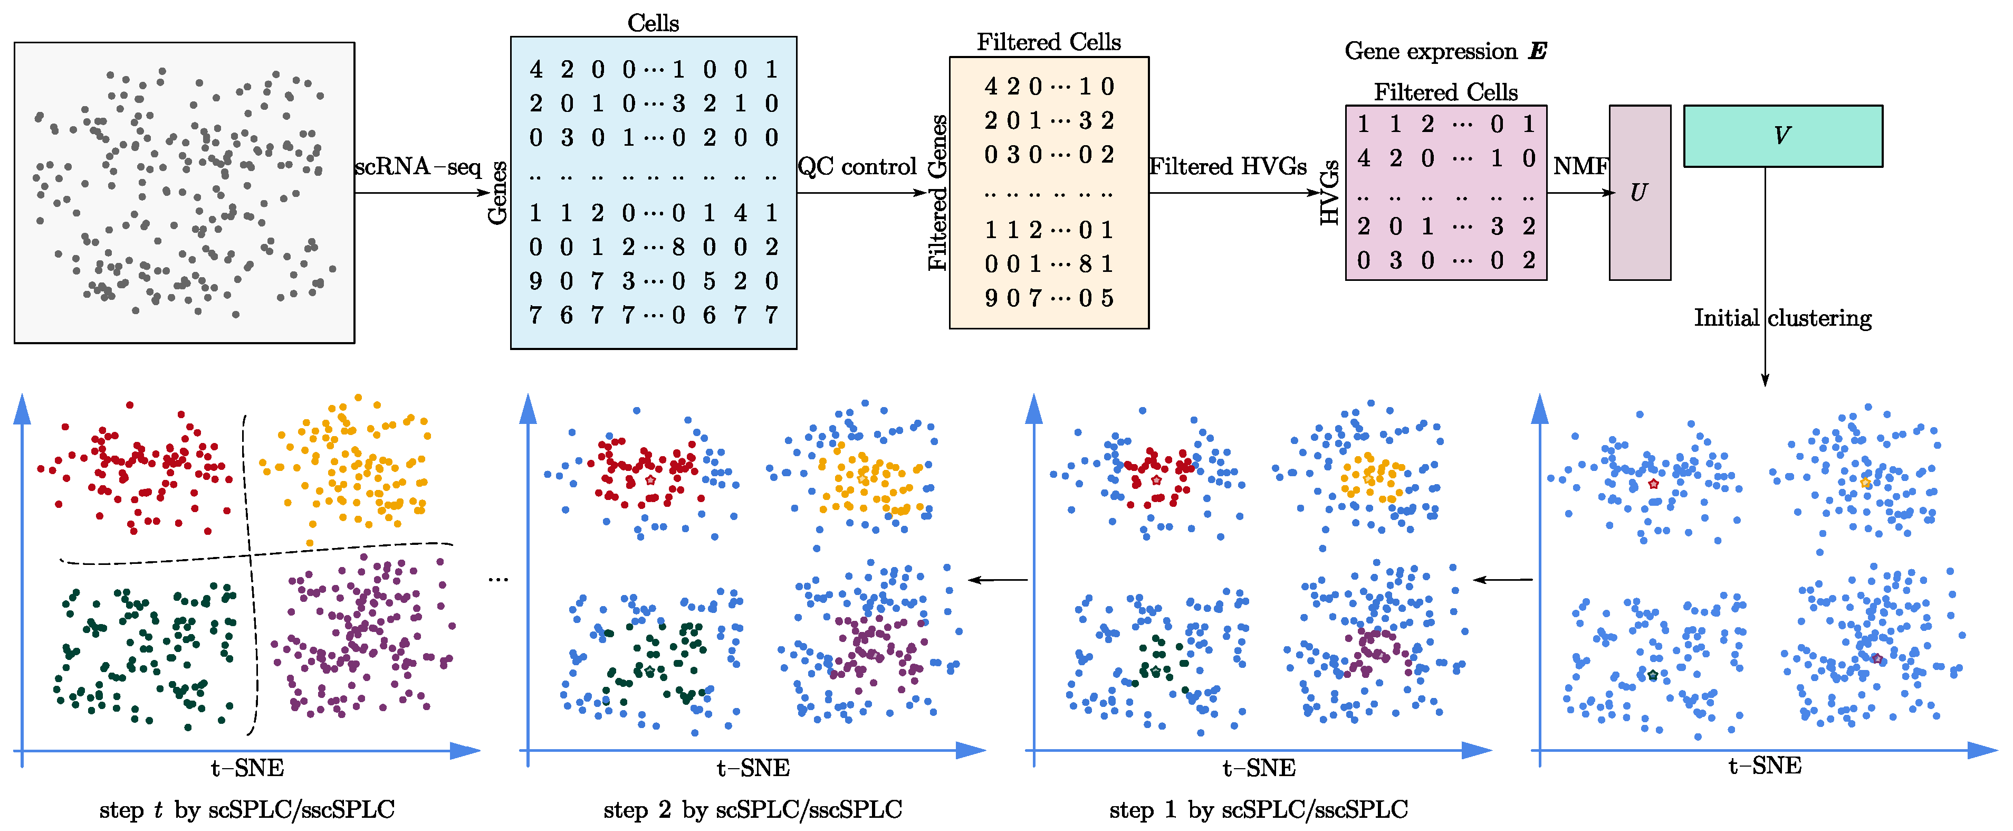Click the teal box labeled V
[1782, 136]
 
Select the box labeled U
[1640, 192]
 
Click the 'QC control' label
[857, 166]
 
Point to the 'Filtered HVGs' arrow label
[1228, 166]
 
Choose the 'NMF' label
[1580, 166]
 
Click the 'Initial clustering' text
[1782, 318]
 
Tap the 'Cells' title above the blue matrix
[653, 23]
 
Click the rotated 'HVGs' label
[1329, 193]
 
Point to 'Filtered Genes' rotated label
[938, 193]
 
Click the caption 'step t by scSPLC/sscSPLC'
[247, 810]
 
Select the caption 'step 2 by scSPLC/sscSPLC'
[753, 810]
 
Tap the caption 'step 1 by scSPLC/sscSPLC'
[1258, 810]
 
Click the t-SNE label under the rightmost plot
[1765, 766]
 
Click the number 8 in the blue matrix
[678, 247]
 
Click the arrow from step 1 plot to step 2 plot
[998, 580]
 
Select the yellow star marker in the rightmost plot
[1865, 483]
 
